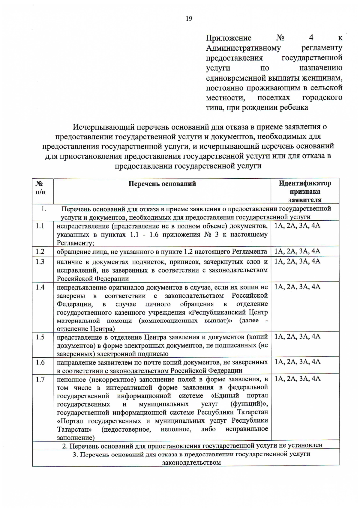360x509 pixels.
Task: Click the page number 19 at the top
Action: click(x=189, y=19)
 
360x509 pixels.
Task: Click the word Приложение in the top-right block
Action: click(x=229, y=38)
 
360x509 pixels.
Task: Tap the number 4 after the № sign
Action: click(x=311, y=38)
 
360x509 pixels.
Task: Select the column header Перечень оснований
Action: click(x=162, y=184)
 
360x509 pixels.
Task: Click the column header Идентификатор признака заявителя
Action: click(x=305, y=191)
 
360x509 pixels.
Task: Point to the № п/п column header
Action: click(x=40, y=188)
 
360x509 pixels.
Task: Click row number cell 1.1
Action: click(x=40, y=226)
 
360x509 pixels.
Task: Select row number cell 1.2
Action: click(x=40, y=252)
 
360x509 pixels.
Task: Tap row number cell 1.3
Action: click(x=40, y=262)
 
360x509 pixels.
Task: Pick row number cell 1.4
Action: click(x=40, y=287)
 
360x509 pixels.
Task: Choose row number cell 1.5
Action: click(x=40, y=337)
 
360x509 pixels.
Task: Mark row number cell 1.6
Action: click(x=40, y=362)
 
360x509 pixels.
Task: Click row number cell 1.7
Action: click(x=40, y=380)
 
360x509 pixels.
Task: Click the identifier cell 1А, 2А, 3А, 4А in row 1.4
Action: click(x=297, y=287)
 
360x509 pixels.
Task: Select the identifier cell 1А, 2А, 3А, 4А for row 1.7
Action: click(x=297, y=379)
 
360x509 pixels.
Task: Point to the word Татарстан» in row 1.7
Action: click(x=74, y=429)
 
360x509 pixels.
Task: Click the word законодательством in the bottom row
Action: click(x=191, y=462)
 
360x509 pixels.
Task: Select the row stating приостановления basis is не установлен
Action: click(x=192, y=445)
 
